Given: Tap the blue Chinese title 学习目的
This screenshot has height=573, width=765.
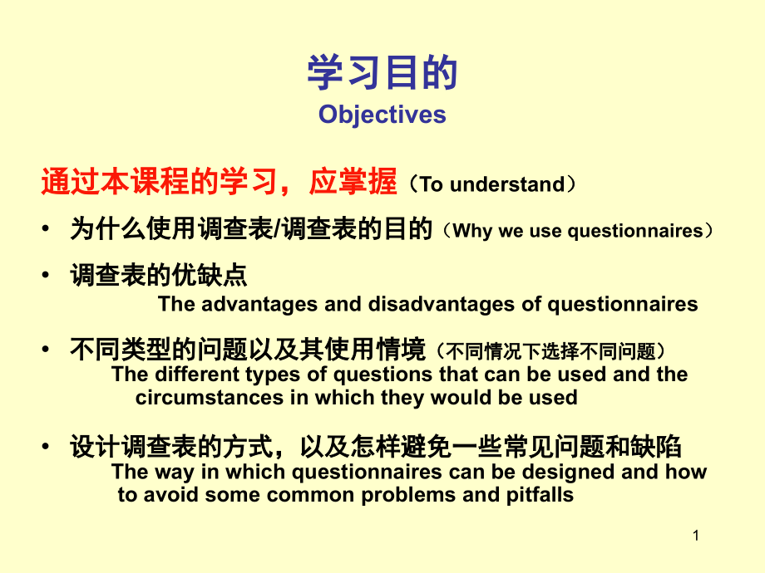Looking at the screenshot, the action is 382,72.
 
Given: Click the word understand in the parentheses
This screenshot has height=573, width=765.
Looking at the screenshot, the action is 507,184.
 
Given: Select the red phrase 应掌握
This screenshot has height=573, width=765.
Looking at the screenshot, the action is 353,182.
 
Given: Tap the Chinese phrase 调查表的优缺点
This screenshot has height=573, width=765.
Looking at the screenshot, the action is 159,276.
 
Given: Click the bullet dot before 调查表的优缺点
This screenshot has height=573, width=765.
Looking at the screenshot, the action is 46,275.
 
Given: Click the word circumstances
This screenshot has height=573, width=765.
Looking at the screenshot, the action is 210,398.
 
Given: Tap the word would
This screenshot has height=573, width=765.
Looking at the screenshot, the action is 461,398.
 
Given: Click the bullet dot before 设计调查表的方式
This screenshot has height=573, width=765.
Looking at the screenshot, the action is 46,446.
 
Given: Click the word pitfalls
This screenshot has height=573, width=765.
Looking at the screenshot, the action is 540,495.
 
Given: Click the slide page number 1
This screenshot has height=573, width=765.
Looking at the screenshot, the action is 696,536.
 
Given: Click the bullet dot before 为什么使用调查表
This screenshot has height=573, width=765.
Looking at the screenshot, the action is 46,229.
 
